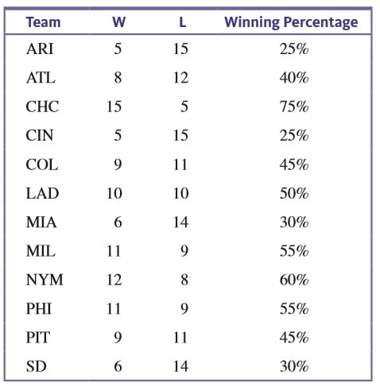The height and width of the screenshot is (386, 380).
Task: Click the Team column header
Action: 43,22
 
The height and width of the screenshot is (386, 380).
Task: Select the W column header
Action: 118,22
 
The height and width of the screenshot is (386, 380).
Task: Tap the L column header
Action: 183,22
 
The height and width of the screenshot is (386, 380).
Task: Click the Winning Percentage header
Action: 291,23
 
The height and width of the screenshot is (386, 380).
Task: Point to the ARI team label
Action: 40,49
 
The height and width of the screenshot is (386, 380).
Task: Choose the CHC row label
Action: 42,106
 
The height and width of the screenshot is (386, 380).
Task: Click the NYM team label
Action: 45,280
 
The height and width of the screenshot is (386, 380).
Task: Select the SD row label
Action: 37,366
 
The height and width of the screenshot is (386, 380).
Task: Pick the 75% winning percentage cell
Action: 294,106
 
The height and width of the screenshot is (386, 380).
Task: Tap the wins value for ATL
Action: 118,78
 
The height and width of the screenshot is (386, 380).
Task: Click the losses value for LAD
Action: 180,193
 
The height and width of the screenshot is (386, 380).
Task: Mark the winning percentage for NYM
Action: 294,280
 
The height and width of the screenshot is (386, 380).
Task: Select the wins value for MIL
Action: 114,251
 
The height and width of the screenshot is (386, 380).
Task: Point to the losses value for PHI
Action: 184,309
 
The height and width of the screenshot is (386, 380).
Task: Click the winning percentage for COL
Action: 294,164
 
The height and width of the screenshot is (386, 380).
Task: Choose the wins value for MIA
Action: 118,222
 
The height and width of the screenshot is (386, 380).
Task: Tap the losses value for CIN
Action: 180,136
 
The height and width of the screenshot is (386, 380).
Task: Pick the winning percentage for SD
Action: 294,366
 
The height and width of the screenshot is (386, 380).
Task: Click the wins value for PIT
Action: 118,338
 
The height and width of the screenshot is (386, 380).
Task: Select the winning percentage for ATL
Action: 294,78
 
